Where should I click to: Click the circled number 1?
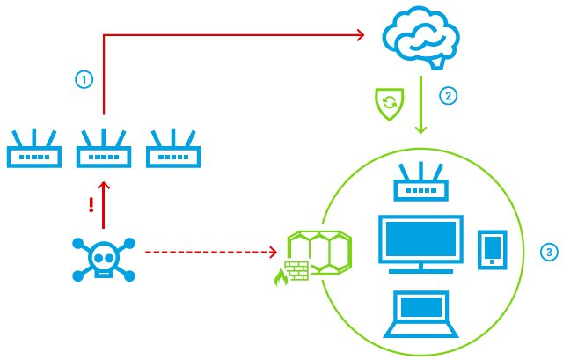[84, 79]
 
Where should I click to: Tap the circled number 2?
[449, 97]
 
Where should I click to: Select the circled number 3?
[549, 253]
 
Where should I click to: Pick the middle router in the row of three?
[103, 150]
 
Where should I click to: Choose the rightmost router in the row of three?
[173, 150]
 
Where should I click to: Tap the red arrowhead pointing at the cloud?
[359, 35]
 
